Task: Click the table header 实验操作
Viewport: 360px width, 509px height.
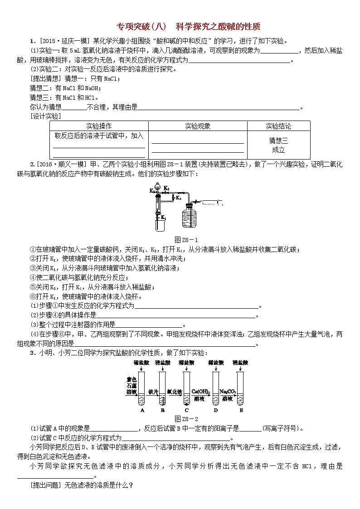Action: pos(99,126)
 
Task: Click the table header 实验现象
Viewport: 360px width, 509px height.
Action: pos(198,126)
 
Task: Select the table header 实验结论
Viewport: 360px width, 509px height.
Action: pos(278,126)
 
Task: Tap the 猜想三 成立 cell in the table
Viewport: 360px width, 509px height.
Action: pos(278,145)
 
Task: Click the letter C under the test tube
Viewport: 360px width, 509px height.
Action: pos(186,410)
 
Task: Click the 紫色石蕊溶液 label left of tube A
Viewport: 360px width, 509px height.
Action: pos(131,385)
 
